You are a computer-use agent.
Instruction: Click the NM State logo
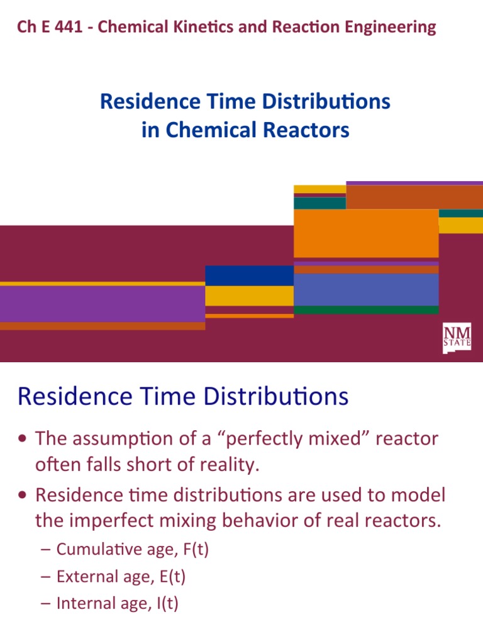[x=457, y=338]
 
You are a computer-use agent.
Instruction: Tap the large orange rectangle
[x=365, y=233]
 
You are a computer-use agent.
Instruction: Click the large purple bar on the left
[x=102, y=304]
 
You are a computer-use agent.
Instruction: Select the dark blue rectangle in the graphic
[x=249, y=275]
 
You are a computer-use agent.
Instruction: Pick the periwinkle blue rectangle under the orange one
[x=365, y=289]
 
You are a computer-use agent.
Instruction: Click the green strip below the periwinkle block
[x=365, y=310]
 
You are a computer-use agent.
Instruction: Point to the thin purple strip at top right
[x=414, y=183]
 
